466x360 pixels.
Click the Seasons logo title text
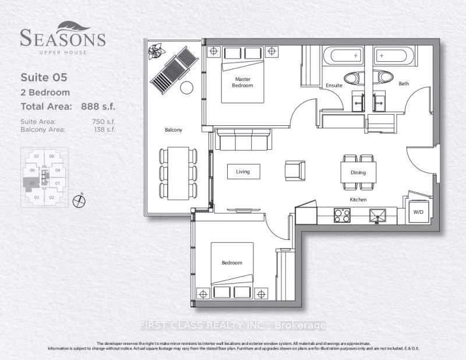63,38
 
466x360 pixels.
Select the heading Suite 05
42,77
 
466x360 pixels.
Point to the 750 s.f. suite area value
104,121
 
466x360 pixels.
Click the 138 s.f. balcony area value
104,129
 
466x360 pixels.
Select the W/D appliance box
418,212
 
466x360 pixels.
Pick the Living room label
243,172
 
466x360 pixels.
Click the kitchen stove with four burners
342,215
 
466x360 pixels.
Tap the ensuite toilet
352,77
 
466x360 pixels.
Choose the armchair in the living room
294,170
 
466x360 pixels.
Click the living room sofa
243,140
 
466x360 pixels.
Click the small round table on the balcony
186,88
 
